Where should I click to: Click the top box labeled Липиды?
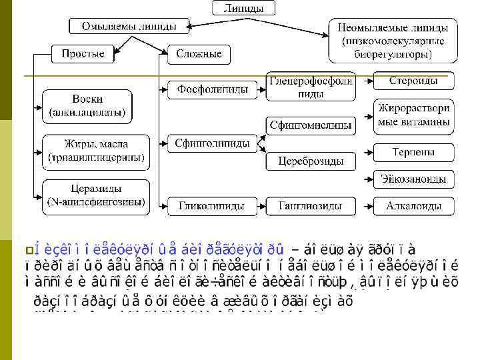(243, 9)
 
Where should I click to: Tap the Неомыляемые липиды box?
(393, 41)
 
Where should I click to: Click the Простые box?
(83, 53)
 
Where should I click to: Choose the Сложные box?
(198, 53)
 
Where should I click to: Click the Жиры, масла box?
(97, 151)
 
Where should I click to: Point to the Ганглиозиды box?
(310, 207)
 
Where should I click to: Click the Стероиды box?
(413, 81)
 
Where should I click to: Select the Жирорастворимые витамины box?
(413, 115)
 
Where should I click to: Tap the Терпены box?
(413, 153)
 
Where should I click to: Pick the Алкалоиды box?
(413, 207)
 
